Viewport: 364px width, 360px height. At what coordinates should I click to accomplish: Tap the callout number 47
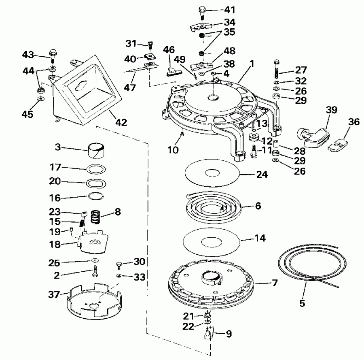(130, 87)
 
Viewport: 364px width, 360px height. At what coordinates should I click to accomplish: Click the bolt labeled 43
(52, 54)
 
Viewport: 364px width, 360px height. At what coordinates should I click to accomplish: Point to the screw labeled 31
(150, 44)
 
